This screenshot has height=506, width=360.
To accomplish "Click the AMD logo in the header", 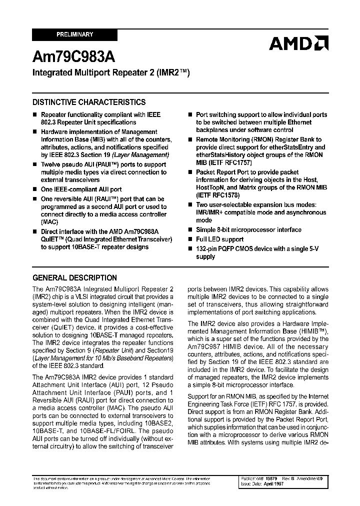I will (298, 44).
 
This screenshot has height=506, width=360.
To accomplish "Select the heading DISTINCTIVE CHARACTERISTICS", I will (89, 102).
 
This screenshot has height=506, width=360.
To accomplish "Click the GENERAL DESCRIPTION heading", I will (74, 277).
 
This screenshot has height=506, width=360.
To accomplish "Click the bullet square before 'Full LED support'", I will (190, 239).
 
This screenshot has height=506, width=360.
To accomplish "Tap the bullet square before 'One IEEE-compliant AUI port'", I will (35, 190).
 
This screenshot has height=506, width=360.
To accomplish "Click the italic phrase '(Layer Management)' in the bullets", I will (144, 155).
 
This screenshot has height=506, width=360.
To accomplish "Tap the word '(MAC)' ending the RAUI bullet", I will (49, 221).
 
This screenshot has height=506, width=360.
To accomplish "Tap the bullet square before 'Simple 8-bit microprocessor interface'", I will (190, 230).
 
